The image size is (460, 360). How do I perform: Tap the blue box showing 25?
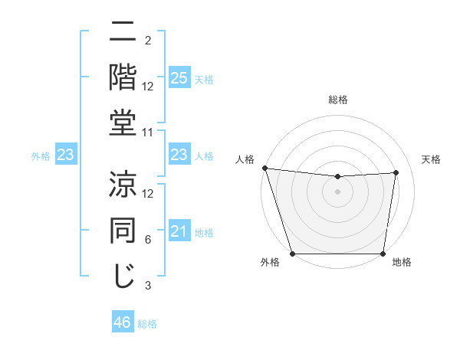tap(179, 78)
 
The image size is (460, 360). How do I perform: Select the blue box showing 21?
tap(179, 232)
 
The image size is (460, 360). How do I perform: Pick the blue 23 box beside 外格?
tap(65, 155)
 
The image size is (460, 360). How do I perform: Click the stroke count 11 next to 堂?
tap(148, 132)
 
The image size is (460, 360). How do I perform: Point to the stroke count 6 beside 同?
tap(148, 240)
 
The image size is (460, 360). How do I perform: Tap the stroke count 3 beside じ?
tap(148, 286)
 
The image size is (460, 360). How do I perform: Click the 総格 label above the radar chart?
tap(337, 100)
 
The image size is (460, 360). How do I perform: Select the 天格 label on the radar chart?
tap(431, 159)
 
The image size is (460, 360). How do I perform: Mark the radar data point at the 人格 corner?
tap(264, 168)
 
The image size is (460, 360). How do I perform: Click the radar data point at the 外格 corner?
tap(293, 253)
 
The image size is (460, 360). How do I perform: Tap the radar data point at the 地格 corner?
tap(383, 253)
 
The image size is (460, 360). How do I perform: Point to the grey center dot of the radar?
tap(337, 191)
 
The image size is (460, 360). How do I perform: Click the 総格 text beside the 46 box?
tap(147, 324)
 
